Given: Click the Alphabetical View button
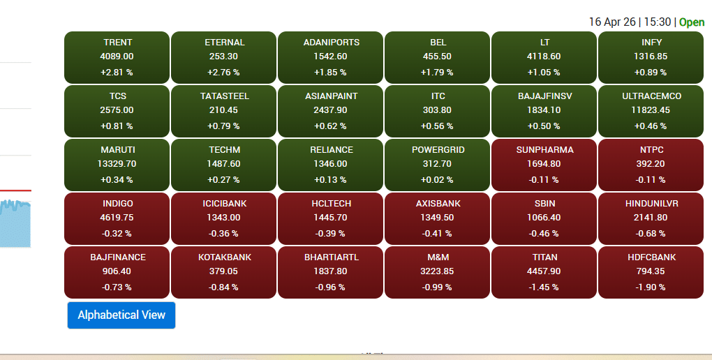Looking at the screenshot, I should (x=121, y=315).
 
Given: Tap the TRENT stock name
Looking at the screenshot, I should (x=117, y=43).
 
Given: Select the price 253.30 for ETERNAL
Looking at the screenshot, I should (x=223, y=57).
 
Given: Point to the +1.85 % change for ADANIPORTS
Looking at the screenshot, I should (x=330, y=72).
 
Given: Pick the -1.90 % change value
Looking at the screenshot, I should (x=651, y=287).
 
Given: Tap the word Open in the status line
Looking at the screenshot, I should (x=692, y=22).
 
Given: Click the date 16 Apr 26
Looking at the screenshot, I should (x=612, y=22).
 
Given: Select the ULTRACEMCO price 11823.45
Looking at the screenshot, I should (x=651, y=110).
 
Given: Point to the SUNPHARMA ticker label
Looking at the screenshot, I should (x=544, y=150).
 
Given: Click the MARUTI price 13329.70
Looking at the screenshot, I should (x=117, y=164).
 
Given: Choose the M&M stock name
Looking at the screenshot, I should (x=438, y=257).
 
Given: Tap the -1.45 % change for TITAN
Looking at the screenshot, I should (x=544, y=287).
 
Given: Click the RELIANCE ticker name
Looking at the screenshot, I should (x=331, y=150).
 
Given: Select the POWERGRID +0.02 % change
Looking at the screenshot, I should (x=438, y=179).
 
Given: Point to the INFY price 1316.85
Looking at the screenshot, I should (x=651, y=57).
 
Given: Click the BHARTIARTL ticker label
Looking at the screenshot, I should (x=331, y=257).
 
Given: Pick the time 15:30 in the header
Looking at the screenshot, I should (x=657, y=22).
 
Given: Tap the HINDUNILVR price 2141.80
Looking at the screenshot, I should (x=651, y=218).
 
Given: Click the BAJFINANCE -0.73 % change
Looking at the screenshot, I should (x=117, y=287).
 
